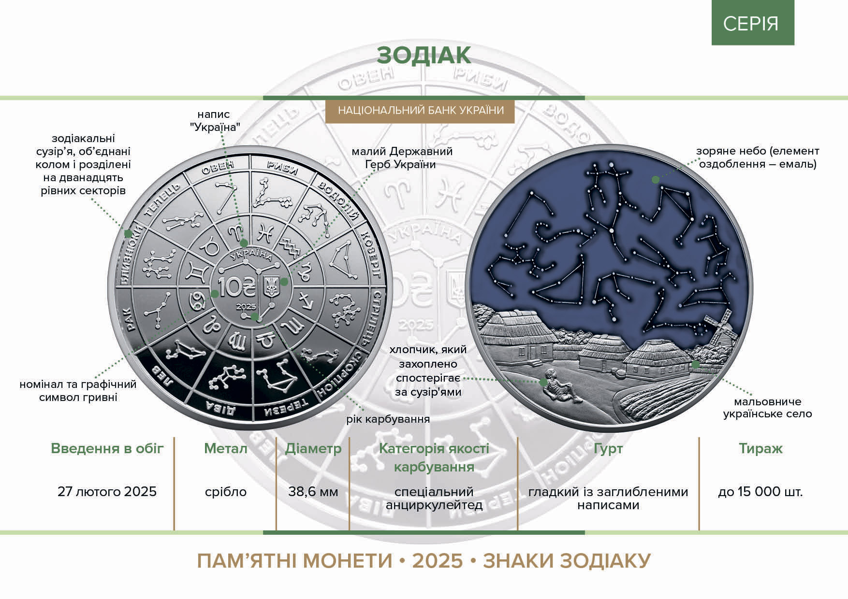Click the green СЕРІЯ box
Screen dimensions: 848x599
753,23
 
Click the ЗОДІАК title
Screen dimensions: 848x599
424,56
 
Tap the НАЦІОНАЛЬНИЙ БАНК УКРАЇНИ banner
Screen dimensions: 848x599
420,111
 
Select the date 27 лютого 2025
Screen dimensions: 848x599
107,492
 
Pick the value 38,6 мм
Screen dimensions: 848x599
313,492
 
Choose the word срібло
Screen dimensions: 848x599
225,492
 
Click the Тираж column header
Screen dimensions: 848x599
760,448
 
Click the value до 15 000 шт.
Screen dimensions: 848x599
760,492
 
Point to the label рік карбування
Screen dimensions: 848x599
388,419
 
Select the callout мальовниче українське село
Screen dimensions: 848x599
767,408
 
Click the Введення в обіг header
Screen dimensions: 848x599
107,449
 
